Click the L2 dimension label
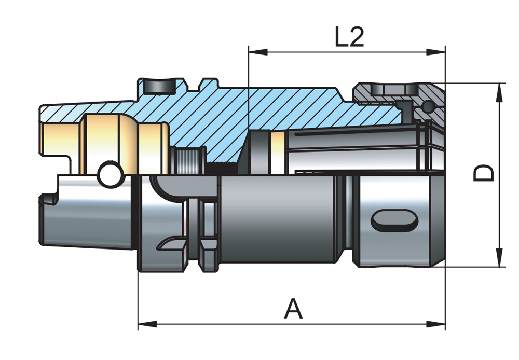pyautogui.click(x=349, y=37)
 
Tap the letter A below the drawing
pyautogui.click(x=293, y=310)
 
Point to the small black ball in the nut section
pyautogui.click(x=428, y=107)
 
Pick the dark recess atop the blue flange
pyautogui.click(x=158, y=86)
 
